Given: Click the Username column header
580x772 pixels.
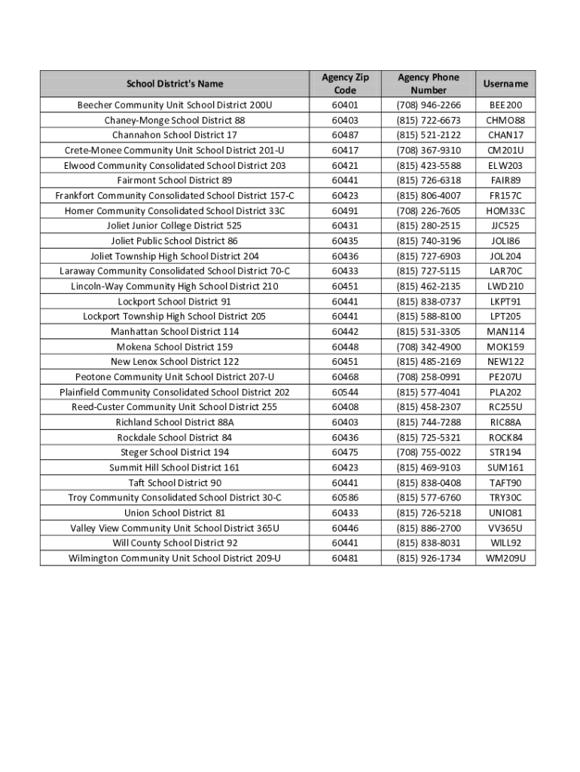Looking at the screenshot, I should click(505, 84).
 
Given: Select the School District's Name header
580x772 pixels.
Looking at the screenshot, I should click(175, 84).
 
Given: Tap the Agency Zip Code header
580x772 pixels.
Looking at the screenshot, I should click(344, 84).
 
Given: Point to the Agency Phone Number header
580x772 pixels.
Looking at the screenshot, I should click(429, 84).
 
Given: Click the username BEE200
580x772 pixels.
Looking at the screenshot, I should click(505, 105).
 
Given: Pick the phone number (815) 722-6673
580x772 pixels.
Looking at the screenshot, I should click(429, 121).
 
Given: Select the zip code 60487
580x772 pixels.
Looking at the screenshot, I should click(344, 135).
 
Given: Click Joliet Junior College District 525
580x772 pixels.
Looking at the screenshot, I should click(175, 225).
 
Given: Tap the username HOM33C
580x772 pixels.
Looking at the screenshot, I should click(505, 211).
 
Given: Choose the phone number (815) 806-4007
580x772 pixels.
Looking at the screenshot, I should click(429, 196).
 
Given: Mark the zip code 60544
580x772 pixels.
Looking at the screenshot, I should click(344, 392).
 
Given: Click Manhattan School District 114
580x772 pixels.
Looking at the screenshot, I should click(175, 332).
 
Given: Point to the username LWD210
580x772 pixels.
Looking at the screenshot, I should click(505, 286).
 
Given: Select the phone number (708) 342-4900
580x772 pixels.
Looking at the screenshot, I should click(429, 347).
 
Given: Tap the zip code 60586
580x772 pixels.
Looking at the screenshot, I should click(344, 498).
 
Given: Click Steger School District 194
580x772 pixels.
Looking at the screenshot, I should click(175, 452).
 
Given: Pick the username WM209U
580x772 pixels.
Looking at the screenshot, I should click(505, 559).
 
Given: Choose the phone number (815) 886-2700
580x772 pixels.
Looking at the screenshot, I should click(429, 528).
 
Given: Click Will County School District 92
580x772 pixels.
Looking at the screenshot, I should click(175, 543).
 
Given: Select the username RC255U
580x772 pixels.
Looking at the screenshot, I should click(505, 407).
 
